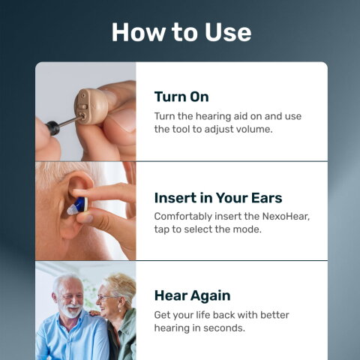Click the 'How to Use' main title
coord(181,32)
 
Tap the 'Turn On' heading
coord(181,97)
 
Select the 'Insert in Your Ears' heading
coord(217,198)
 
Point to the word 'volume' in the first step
coord(254,129)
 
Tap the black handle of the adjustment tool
coord(53,126)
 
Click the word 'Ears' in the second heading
coord(264,198)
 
